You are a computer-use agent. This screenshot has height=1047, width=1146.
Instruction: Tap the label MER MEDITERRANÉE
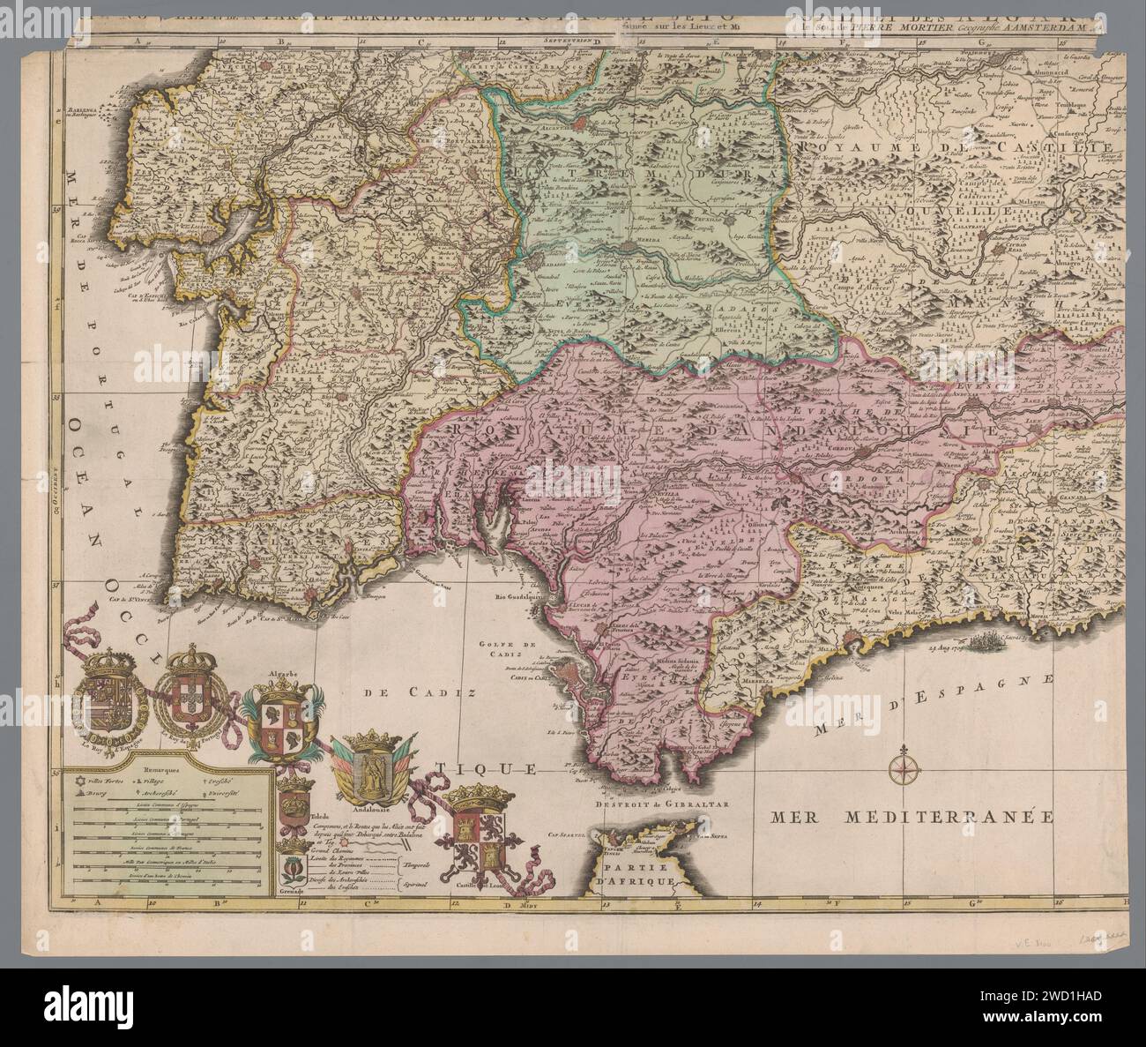(x=912, y=816)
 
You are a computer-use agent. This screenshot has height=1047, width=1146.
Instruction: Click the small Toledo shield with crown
(x=291, y=804)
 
